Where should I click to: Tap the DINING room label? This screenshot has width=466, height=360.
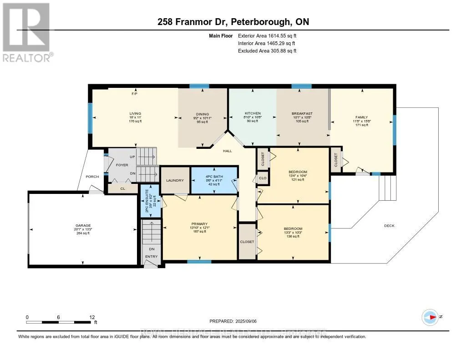click(203, 114)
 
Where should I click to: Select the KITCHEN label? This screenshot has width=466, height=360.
click(253, 113)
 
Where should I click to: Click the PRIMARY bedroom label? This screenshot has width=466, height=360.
click(199, 224)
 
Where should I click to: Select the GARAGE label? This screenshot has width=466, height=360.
click(83, 225)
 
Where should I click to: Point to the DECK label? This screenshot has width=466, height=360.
click(389, 226)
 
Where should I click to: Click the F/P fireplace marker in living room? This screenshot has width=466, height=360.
click(134, 94)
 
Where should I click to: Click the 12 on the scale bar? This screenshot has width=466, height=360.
click(92, 317)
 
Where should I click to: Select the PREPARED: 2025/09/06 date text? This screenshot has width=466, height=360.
click(233, 321)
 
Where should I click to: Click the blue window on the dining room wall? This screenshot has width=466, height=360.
click(199, 86)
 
